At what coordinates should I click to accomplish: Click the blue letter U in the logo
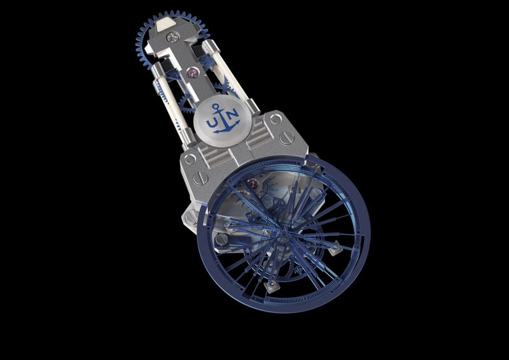tap(211, 122)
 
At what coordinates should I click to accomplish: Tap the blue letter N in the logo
tap(232, 114)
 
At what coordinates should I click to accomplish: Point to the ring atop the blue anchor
tap(215, 106)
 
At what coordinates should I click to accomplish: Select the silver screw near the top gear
tap(172, 36)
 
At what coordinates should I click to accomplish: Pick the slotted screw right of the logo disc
tap(287, 137)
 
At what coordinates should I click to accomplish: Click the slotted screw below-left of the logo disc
tap(200, 178)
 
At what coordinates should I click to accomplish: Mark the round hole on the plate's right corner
tap(275, 119)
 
